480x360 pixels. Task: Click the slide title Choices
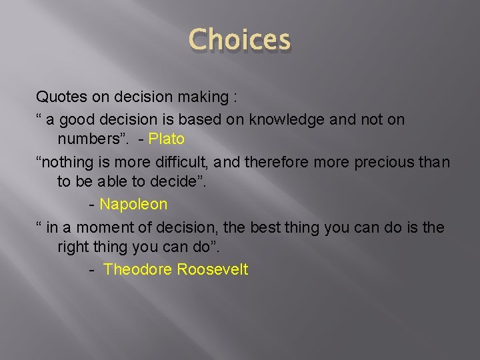240,40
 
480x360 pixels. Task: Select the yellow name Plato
167,140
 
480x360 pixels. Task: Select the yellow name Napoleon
133,204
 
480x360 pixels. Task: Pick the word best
264,227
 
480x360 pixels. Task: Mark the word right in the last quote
73,247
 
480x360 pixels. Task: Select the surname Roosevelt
213,269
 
